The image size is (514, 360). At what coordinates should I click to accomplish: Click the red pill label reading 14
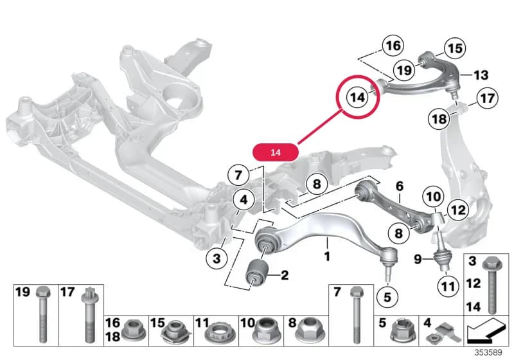point(276,152)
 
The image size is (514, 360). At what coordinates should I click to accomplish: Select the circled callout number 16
point(393,46)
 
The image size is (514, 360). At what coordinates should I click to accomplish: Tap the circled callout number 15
point(455,48)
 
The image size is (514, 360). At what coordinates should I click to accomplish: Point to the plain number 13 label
point(481,75)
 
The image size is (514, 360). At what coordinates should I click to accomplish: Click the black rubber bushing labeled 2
point(258,272)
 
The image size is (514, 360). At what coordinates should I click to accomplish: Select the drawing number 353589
point(488,352)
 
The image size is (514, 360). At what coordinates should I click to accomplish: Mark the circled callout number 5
point(387,297)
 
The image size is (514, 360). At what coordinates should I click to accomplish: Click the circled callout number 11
point(448,287)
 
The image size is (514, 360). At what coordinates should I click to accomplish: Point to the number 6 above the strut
point(399,186)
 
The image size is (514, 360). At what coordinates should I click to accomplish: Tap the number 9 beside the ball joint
point(418,259)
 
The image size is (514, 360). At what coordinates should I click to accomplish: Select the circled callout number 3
point(217,258)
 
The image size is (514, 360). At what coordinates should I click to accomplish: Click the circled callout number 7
point(238,175)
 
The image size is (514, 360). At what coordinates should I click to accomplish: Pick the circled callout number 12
point(457,210)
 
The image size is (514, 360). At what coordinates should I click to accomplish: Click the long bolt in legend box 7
point(357,315)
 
